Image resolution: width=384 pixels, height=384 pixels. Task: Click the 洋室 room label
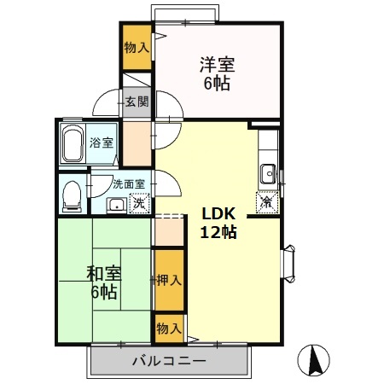click(x=217, y=63)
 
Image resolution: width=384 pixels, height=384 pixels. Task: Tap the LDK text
click(x=218, y=214)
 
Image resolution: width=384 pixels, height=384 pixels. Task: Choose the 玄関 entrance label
click(x=137, y=102)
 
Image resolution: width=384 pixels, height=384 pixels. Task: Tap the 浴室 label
click(x=102, y=143)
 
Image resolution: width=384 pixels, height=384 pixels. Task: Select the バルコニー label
click(x=168, y=362)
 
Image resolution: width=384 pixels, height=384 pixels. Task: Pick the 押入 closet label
click(x=169, y=279)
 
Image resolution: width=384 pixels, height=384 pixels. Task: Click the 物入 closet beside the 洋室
click(x=137, y=47)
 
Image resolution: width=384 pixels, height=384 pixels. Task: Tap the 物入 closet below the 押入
click(x=168, y=328)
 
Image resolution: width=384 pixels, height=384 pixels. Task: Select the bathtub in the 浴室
click(x=73, y=144)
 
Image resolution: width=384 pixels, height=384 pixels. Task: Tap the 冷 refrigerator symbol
click(x=266, y=203)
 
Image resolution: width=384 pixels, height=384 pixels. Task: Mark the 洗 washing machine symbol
click(x=138, y=204)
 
